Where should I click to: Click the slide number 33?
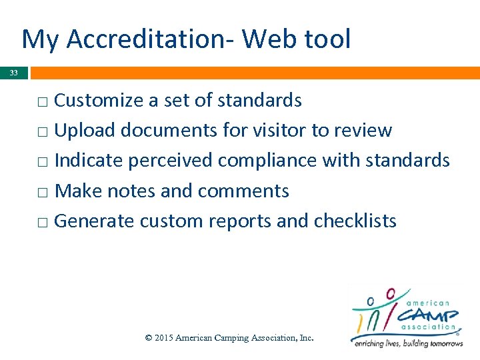[14, 73]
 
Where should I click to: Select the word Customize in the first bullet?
[99, 101]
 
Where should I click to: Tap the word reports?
[240, 222]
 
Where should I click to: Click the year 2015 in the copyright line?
[164, 338]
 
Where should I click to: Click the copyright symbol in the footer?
[149, 338]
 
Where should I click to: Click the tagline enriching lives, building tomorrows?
[407, 343]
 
